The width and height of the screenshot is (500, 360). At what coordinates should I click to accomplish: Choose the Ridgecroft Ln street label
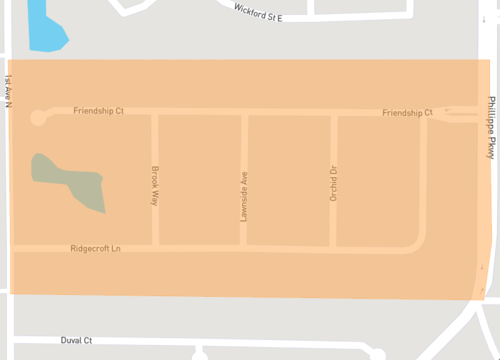click(x=95, y=248)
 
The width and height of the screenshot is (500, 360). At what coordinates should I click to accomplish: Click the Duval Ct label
click(x=76, y=340)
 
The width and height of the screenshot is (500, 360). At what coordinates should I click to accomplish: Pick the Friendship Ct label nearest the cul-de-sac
click(x=98, y=111)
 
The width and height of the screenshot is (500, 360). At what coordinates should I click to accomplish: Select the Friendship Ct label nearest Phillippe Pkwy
click(x=407, y=114)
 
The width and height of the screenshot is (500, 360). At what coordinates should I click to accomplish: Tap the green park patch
click(x=69, y=181)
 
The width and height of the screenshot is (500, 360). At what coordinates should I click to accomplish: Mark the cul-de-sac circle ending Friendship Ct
click(x=38, y=117)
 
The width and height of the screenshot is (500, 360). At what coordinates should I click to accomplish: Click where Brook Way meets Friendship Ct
click(x=154, y=112)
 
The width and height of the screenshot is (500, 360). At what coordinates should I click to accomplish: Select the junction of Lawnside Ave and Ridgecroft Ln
click(x=244, y=247)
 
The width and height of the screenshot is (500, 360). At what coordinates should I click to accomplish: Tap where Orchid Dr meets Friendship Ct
click(x=333, y=113)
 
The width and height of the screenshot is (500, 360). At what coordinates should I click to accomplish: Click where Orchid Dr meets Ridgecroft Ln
click(x=333, y=247)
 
